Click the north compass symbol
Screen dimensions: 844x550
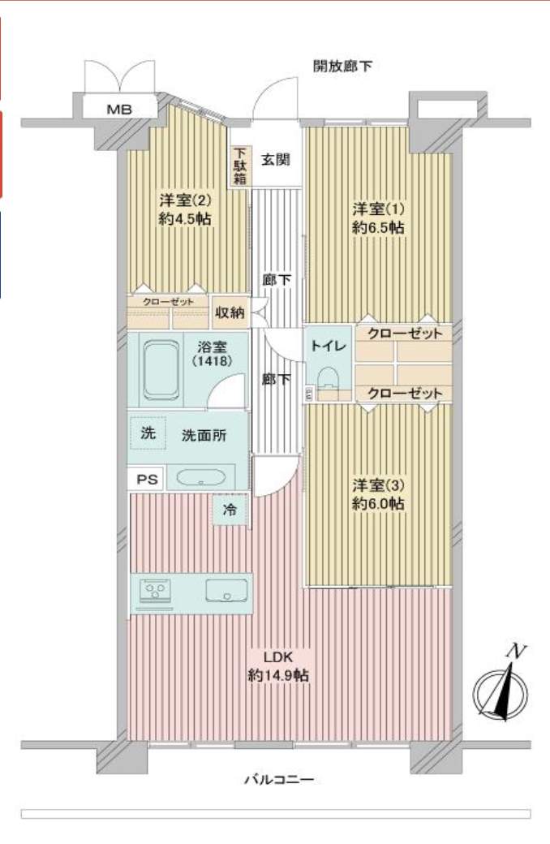point(501,689)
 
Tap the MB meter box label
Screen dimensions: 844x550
point(119,108)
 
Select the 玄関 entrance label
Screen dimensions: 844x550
point(275,159)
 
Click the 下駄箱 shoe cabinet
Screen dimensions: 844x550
point(239,166)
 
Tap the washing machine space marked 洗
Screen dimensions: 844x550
point(148,433)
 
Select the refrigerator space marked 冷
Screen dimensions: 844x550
point(230,511)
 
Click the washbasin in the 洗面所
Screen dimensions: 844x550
point(201,478)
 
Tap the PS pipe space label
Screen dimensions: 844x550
point(146,480)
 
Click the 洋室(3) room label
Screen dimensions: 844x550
point(379,485)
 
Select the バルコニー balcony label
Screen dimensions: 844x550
point(278,780)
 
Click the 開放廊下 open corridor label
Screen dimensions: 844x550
point(342,66)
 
